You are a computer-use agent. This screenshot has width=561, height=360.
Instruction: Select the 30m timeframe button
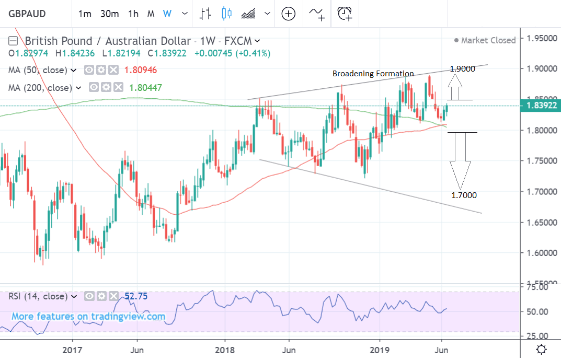tap(109, 14)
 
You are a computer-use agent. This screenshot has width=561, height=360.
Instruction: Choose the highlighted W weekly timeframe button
tap(167, 14)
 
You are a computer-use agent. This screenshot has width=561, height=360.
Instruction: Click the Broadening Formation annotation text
tap(373, 74)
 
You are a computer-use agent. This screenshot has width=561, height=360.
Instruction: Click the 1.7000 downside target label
tap(464, 195)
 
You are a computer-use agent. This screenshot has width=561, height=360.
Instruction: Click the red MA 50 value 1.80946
tap(138, 70)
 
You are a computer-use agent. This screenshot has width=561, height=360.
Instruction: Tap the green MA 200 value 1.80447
tap(143, 88)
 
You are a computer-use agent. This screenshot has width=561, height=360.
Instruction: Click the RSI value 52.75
tap(136, 296)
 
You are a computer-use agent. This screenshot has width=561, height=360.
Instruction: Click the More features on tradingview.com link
tap(88, 317)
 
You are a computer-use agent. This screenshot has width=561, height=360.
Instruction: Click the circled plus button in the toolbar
tap(289, 14)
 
